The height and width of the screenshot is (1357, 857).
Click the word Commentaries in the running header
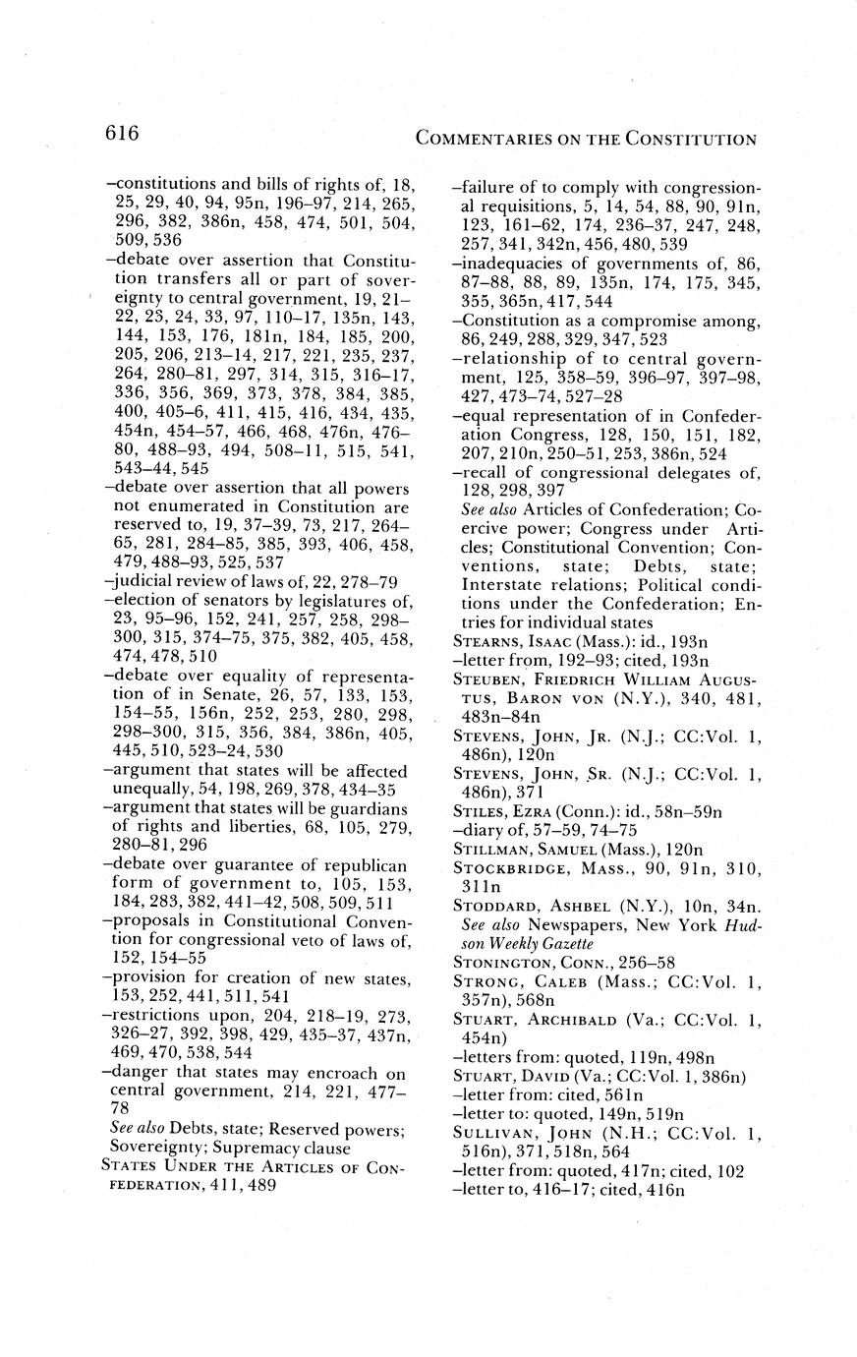tap(480, 140)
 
